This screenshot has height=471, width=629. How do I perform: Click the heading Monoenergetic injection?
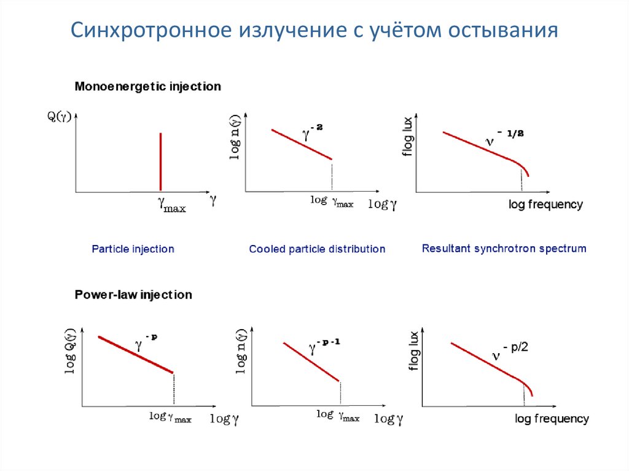pyautogui.click(x=147, y=87)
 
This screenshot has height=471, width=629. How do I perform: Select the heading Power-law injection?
pyautogui.click(x=133, y=295)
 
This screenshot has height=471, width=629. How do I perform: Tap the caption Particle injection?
pyautogui.click(x=133, y=249)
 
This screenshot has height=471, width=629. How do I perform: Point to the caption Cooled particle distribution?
pyautogui.click(x=317, y=249)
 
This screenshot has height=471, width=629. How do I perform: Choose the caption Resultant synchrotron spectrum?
pyautogui.click(x=504, y=249)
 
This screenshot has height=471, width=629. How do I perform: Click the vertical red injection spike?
pyautogui.click(x=160, y=161)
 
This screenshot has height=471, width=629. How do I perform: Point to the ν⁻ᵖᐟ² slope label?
pyautogui.click(x=510, y=351)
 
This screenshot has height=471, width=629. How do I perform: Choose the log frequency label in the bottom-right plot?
pyautogui.click(x=552, y=419)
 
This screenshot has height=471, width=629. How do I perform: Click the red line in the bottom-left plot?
pyautogui.click(x=136, y=354)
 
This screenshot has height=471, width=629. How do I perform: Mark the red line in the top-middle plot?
pyautogui.click(x=302, y=144)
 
